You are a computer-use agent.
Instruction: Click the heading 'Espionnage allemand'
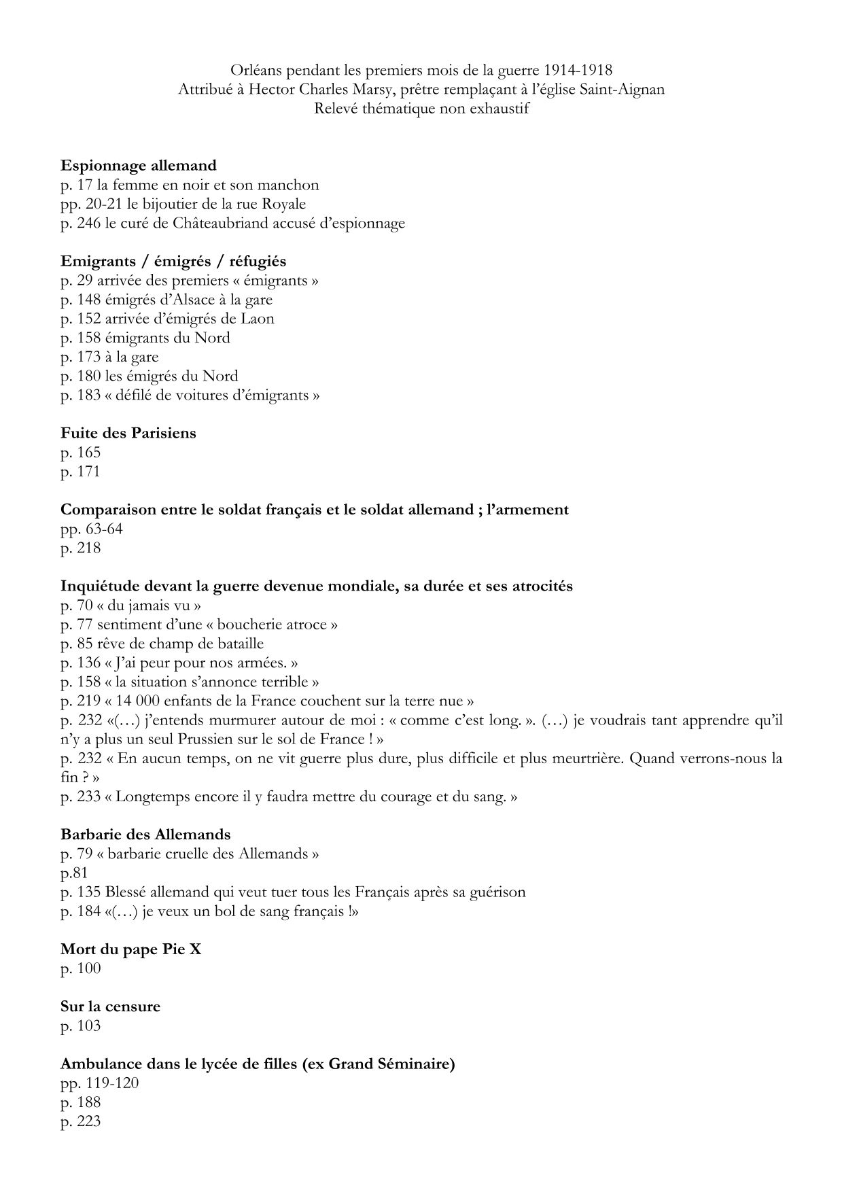138,165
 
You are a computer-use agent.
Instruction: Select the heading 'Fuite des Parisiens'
128,433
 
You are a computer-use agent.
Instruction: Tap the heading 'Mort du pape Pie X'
130,949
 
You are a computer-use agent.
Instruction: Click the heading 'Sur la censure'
110,1006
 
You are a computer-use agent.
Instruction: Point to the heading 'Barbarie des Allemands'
145,835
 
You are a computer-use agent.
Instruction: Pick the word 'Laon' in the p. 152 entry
258,319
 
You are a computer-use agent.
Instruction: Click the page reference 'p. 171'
80,472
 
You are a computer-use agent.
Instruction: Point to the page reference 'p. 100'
80,968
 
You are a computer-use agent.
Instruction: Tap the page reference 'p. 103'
80,1026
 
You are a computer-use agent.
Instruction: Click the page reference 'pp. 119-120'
99,1083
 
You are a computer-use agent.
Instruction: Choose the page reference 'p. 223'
80,1121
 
